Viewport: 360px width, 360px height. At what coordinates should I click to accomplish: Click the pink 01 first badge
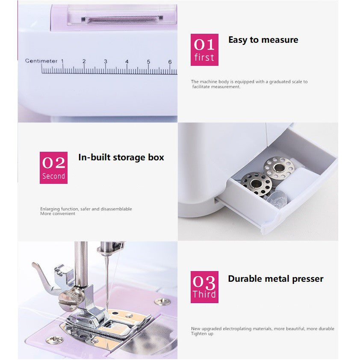point(204,50)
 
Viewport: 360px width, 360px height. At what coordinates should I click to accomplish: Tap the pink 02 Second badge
point(53,168)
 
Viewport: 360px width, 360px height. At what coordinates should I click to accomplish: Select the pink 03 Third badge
point(204,287)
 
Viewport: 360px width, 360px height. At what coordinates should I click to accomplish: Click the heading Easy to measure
point(263,40)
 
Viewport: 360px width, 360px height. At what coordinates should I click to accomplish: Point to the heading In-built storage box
point(121,157)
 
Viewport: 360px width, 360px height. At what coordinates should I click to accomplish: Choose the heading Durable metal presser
point(275,279)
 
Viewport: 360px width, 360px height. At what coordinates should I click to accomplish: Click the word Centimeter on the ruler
point(41,61)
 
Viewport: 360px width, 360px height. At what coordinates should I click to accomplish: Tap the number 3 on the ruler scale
point(106,61)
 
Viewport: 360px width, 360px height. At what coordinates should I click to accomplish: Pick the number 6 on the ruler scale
point(170,62)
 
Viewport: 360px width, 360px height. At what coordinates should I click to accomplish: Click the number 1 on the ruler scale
point(62,61)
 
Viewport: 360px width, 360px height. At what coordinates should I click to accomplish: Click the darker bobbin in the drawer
point(256,184)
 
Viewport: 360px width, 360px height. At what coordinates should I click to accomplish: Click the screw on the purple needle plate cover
point(162,301)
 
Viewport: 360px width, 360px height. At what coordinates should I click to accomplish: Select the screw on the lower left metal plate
point(54,340)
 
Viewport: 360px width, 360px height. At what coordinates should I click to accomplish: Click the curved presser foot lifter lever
point(43,273)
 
